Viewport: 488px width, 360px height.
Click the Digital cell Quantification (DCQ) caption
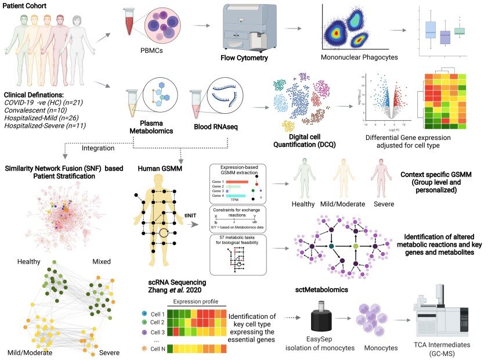coord(299,141)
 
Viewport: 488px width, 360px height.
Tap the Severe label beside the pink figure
coord(384,204)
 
